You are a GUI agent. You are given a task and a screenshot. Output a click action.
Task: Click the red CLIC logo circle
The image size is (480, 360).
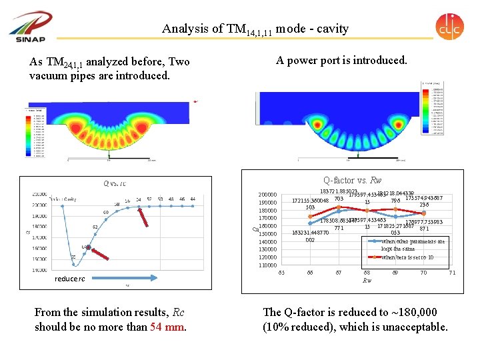449,27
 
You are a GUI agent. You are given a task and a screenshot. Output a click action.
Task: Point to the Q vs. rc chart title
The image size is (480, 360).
115,183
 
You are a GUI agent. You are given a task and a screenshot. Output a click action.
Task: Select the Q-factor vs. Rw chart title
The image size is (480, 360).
353,180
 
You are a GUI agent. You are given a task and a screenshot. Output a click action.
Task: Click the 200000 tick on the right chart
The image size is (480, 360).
268,195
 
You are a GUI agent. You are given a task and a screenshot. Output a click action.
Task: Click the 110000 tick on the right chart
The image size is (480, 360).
268,265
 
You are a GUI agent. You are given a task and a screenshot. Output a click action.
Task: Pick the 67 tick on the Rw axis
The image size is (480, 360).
339,273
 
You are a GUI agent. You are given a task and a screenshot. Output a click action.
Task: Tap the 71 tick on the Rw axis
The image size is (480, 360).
452,273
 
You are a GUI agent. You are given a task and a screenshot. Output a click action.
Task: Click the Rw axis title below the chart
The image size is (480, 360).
367,281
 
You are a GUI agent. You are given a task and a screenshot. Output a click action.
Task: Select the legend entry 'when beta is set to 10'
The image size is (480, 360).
407,257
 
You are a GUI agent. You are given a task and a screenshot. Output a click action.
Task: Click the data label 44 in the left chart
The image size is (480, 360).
193,199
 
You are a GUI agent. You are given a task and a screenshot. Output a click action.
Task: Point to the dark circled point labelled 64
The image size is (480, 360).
87,248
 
